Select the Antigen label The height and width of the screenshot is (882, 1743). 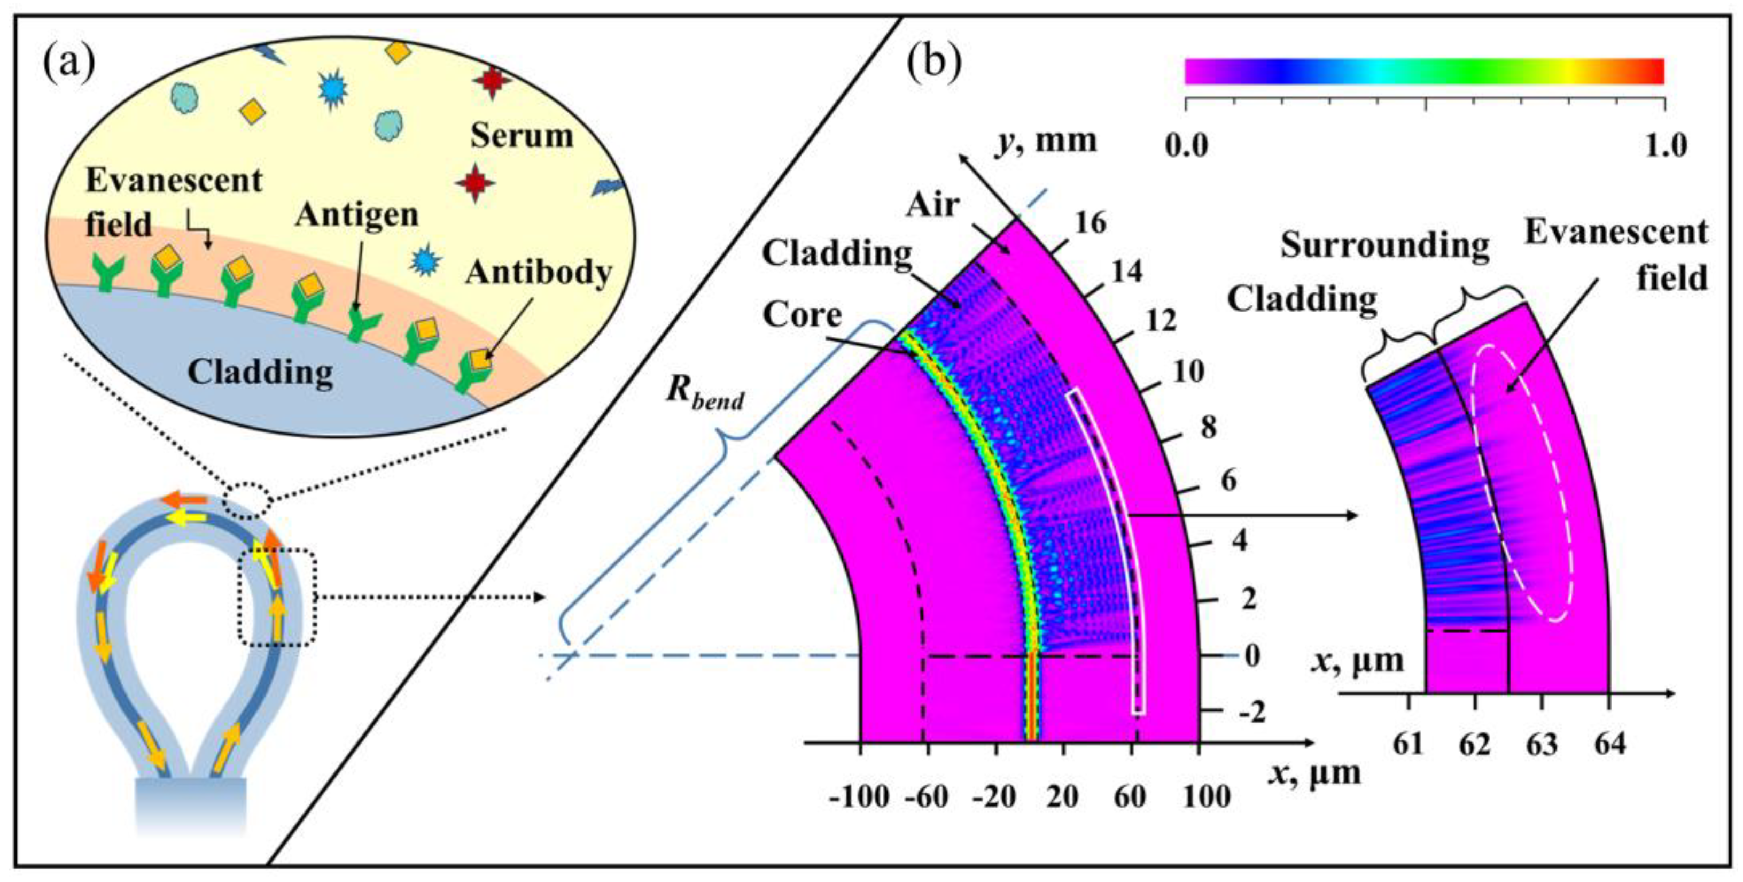coord(356,215)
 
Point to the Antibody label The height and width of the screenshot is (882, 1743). coord(539,273)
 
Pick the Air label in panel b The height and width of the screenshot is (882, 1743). coord(933,204)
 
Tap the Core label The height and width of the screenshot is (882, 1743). coord(802,315)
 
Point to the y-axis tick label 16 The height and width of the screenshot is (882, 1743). coord(1090,223)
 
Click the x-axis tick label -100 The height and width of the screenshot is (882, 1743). coord(859,798)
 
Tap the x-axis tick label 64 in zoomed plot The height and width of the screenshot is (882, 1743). coord(1609,745)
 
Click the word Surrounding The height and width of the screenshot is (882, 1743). coord(1384,245)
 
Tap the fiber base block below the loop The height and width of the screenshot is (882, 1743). coord(191,806)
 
